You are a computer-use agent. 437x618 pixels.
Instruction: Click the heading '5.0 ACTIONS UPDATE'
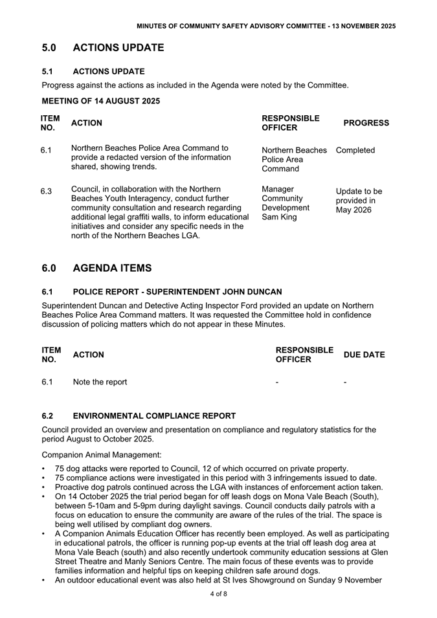click(x=103, y=48)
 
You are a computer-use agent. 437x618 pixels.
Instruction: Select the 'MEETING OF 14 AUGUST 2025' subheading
click(x=100, y=101)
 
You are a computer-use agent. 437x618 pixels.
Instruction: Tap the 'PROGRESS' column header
click(x=366, y=123)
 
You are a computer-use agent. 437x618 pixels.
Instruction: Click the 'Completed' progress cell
click(x=355, y=150)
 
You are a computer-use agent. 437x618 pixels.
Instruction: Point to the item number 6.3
click(x=46, y=191)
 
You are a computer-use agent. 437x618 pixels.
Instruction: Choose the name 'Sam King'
click(x=279, y=217)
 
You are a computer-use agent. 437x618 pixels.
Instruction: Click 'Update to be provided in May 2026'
click(x=359, y=201)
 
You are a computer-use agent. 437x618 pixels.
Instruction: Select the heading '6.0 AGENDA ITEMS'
click(x=96, y=268)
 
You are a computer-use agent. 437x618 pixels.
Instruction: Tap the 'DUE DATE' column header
click(x=364, y=355)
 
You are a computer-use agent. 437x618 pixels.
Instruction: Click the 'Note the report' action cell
click(x=100, y=382)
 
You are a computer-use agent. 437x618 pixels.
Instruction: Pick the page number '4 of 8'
click(x=218, y=593)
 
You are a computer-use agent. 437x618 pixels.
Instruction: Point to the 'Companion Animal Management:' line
click(x=102, y=455)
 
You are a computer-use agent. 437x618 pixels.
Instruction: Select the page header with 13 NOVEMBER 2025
click(x=266, y=26)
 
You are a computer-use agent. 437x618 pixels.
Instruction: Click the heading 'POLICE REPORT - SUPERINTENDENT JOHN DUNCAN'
click(x=177, y=291)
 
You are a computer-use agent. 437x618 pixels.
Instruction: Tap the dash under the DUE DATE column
click(x=345, y=382)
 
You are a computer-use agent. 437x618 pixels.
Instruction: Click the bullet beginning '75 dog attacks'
click(x=201, y=469)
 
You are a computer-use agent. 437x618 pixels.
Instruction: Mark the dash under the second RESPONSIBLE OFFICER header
click(x=277, y=382)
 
